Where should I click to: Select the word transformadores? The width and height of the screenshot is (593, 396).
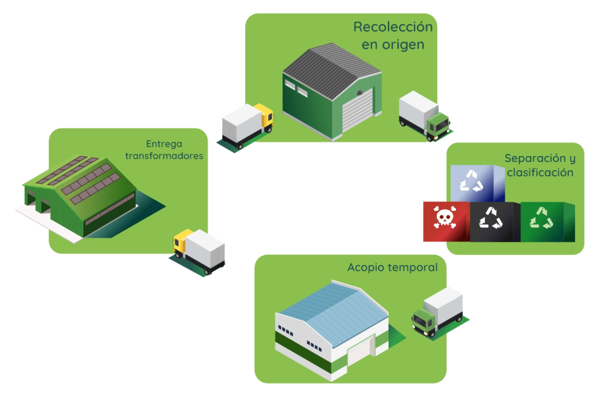tap(164, 156)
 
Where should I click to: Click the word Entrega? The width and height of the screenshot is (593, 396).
tap(164, 142)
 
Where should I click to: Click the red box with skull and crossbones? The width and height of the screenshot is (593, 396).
tap(445, 220)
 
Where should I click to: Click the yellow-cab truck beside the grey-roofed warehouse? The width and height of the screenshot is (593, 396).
tap(247, 126)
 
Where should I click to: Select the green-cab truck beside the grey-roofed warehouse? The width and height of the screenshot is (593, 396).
tap(424, 116)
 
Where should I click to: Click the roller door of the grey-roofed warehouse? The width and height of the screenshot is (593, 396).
tap(358, 111)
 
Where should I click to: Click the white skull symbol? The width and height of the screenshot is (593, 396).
tap(445, 218)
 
